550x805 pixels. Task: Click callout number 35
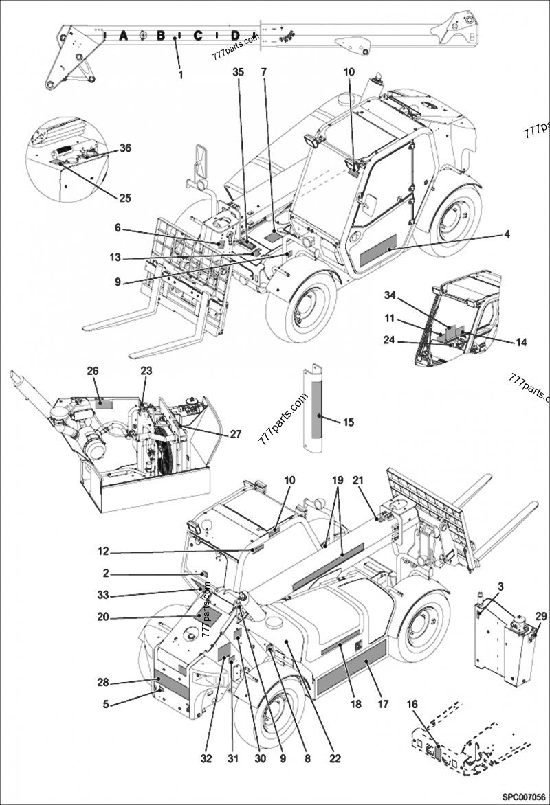click(238, 71)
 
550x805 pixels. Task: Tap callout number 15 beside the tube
click(349, 422)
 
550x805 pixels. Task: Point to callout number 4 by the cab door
click(507, 235)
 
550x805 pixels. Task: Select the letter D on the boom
click(235, 36)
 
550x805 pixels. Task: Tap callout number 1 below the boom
click(181, 73)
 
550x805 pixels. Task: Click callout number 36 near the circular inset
click(125, 148)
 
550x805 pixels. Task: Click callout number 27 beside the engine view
click(236, 433)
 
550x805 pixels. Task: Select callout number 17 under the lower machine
click(383, 704)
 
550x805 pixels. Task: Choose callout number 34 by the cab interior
click(390, 296)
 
